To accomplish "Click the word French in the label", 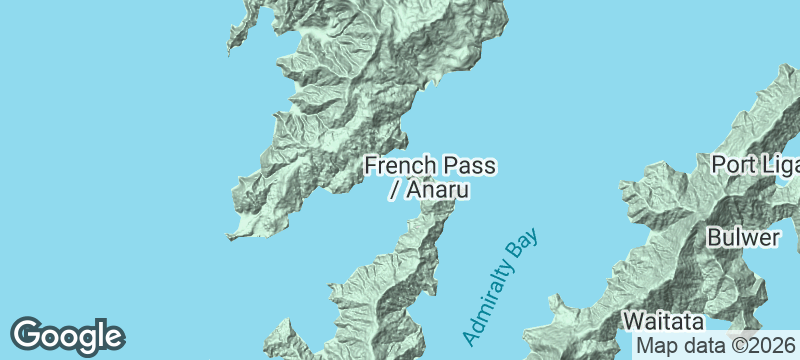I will pyautogui.click(x=397, y=165).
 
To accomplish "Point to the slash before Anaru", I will pyautogui.click(x=393, y=190).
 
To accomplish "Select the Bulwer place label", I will pyautogui.click(x=742, y=238).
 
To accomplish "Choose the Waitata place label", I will pyautogui.click(x=664, y=322).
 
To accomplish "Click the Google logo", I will pyautogui.click(x=67, y=335).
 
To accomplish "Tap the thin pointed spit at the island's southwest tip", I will pyautogui.click(x=233, y=237).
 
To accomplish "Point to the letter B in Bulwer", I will pyautogui.click(x=714, y=238).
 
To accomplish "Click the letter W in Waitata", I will pyautogui.click(x=634, y=322).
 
